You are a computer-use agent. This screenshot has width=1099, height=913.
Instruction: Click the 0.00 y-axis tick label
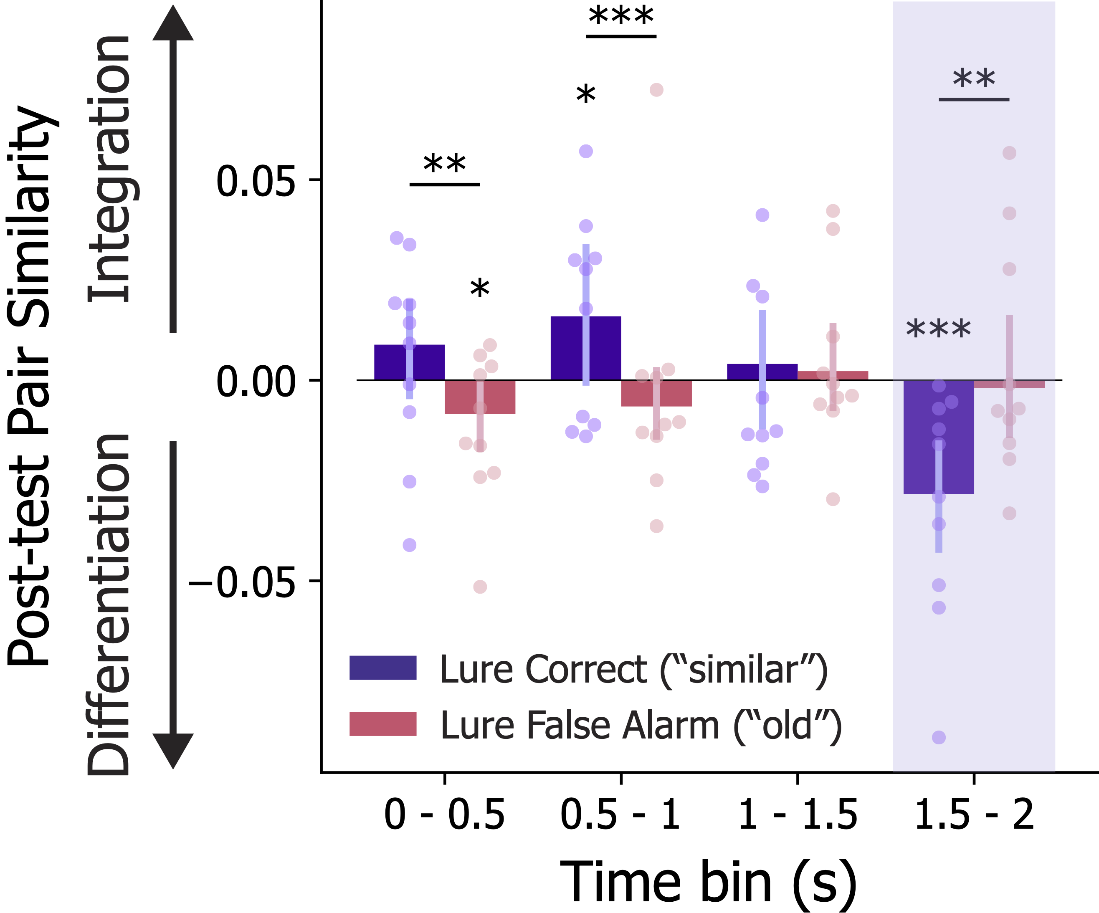(x=256, y=382)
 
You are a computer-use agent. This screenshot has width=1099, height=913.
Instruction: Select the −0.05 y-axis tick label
(x=242, y=582)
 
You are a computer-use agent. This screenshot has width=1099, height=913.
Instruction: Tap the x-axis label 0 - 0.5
(x=444, y=815)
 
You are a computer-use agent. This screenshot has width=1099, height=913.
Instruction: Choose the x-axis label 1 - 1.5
(x=797, y=815)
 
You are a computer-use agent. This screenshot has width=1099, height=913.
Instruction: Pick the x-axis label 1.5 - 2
(x=974, y=815)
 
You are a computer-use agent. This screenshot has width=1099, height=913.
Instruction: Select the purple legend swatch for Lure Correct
(x=382, y=668)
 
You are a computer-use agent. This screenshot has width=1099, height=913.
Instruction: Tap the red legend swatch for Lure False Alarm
(x=382, y=723)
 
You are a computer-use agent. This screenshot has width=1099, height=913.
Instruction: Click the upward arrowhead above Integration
(x=173, y=23)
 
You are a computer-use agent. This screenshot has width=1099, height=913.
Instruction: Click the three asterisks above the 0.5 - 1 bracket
(x=621, y=16)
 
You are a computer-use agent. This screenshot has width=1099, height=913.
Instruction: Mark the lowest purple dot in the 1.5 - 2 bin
(x=939, y=737)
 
